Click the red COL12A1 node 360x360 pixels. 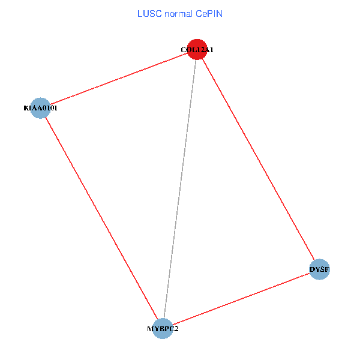click(197, 50)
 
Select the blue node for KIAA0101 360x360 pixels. click(40, 108)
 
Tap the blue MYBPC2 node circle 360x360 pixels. click(163, 328)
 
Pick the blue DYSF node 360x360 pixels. click(319, 269)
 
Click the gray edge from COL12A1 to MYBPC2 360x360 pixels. click(180, 189)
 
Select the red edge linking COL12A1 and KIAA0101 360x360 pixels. click(118, 79)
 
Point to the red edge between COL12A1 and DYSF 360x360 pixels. click(258, 160)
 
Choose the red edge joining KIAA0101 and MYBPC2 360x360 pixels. click(101, 218)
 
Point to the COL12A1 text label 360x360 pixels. click(197, 50)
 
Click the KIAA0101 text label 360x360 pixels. click(40, 109)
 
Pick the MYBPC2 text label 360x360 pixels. click(163, 329)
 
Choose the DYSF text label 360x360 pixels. click(319, 270)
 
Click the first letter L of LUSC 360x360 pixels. click(140, 13)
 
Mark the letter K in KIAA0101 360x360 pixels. click(26, 109)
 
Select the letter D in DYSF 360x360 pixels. click(313, 270)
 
